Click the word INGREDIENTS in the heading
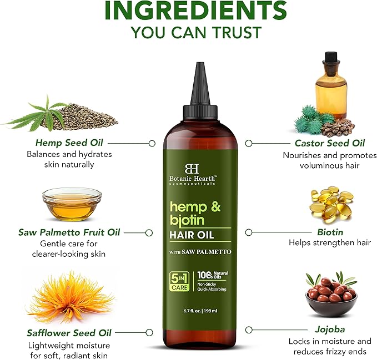coord(195,11)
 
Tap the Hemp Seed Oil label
coord(69,143)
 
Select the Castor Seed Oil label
coord(330,143)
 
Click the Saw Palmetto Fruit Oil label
coord(69,232)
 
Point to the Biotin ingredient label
coord(330,232)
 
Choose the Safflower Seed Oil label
coord(69,333)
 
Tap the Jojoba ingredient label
coord(330,329)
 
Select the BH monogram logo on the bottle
coord(192,169)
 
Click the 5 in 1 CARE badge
coord(179,281)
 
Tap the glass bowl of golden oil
coord(72,204)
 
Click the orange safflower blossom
coord(70,298)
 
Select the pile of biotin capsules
coord(331,203)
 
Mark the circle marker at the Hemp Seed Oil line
coord(152,143)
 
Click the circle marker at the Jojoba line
coord(249,329)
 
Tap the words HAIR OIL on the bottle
coord(192,235)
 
